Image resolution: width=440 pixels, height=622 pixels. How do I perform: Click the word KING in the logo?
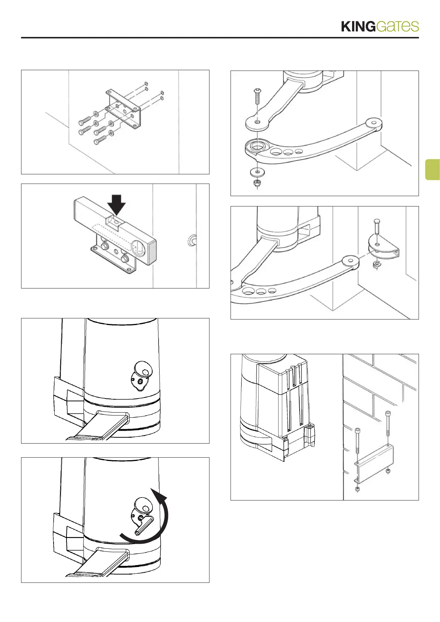(x=358, y=27)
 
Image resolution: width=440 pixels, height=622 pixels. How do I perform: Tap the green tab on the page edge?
(x=432, y=170)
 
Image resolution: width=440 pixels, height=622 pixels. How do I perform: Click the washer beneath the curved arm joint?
(x=257, y=172)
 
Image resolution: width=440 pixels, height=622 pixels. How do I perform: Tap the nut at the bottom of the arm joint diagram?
(x=257, y=182)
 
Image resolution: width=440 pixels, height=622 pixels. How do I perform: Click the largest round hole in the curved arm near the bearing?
(x=275, y=151)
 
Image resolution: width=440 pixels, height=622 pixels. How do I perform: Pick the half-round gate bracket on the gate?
(x=384, y=249)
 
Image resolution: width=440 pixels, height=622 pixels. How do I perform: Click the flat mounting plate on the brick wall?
(x=374, y=464)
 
